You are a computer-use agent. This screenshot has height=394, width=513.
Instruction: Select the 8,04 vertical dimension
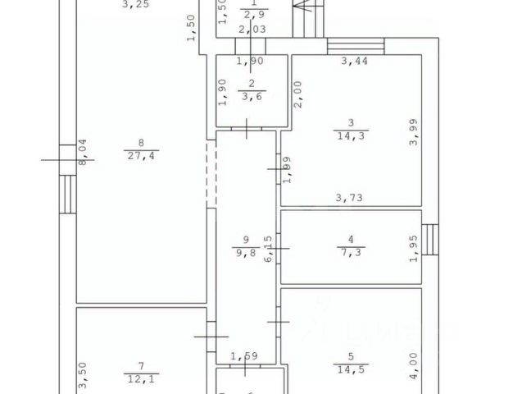(80, 152)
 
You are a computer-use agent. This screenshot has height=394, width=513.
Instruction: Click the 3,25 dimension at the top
(135, 5)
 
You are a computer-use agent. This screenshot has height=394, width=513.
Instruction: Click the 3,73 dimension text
(351, 197)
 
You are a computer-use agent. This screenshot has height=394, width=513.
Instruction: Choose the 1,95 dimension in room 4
(413, 247)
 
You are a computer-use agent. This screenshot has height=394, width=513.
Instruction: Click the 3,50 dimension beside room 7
(80, 374)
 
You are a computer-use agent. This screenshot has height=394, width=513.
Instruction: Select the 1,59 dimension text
(244, 356)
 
